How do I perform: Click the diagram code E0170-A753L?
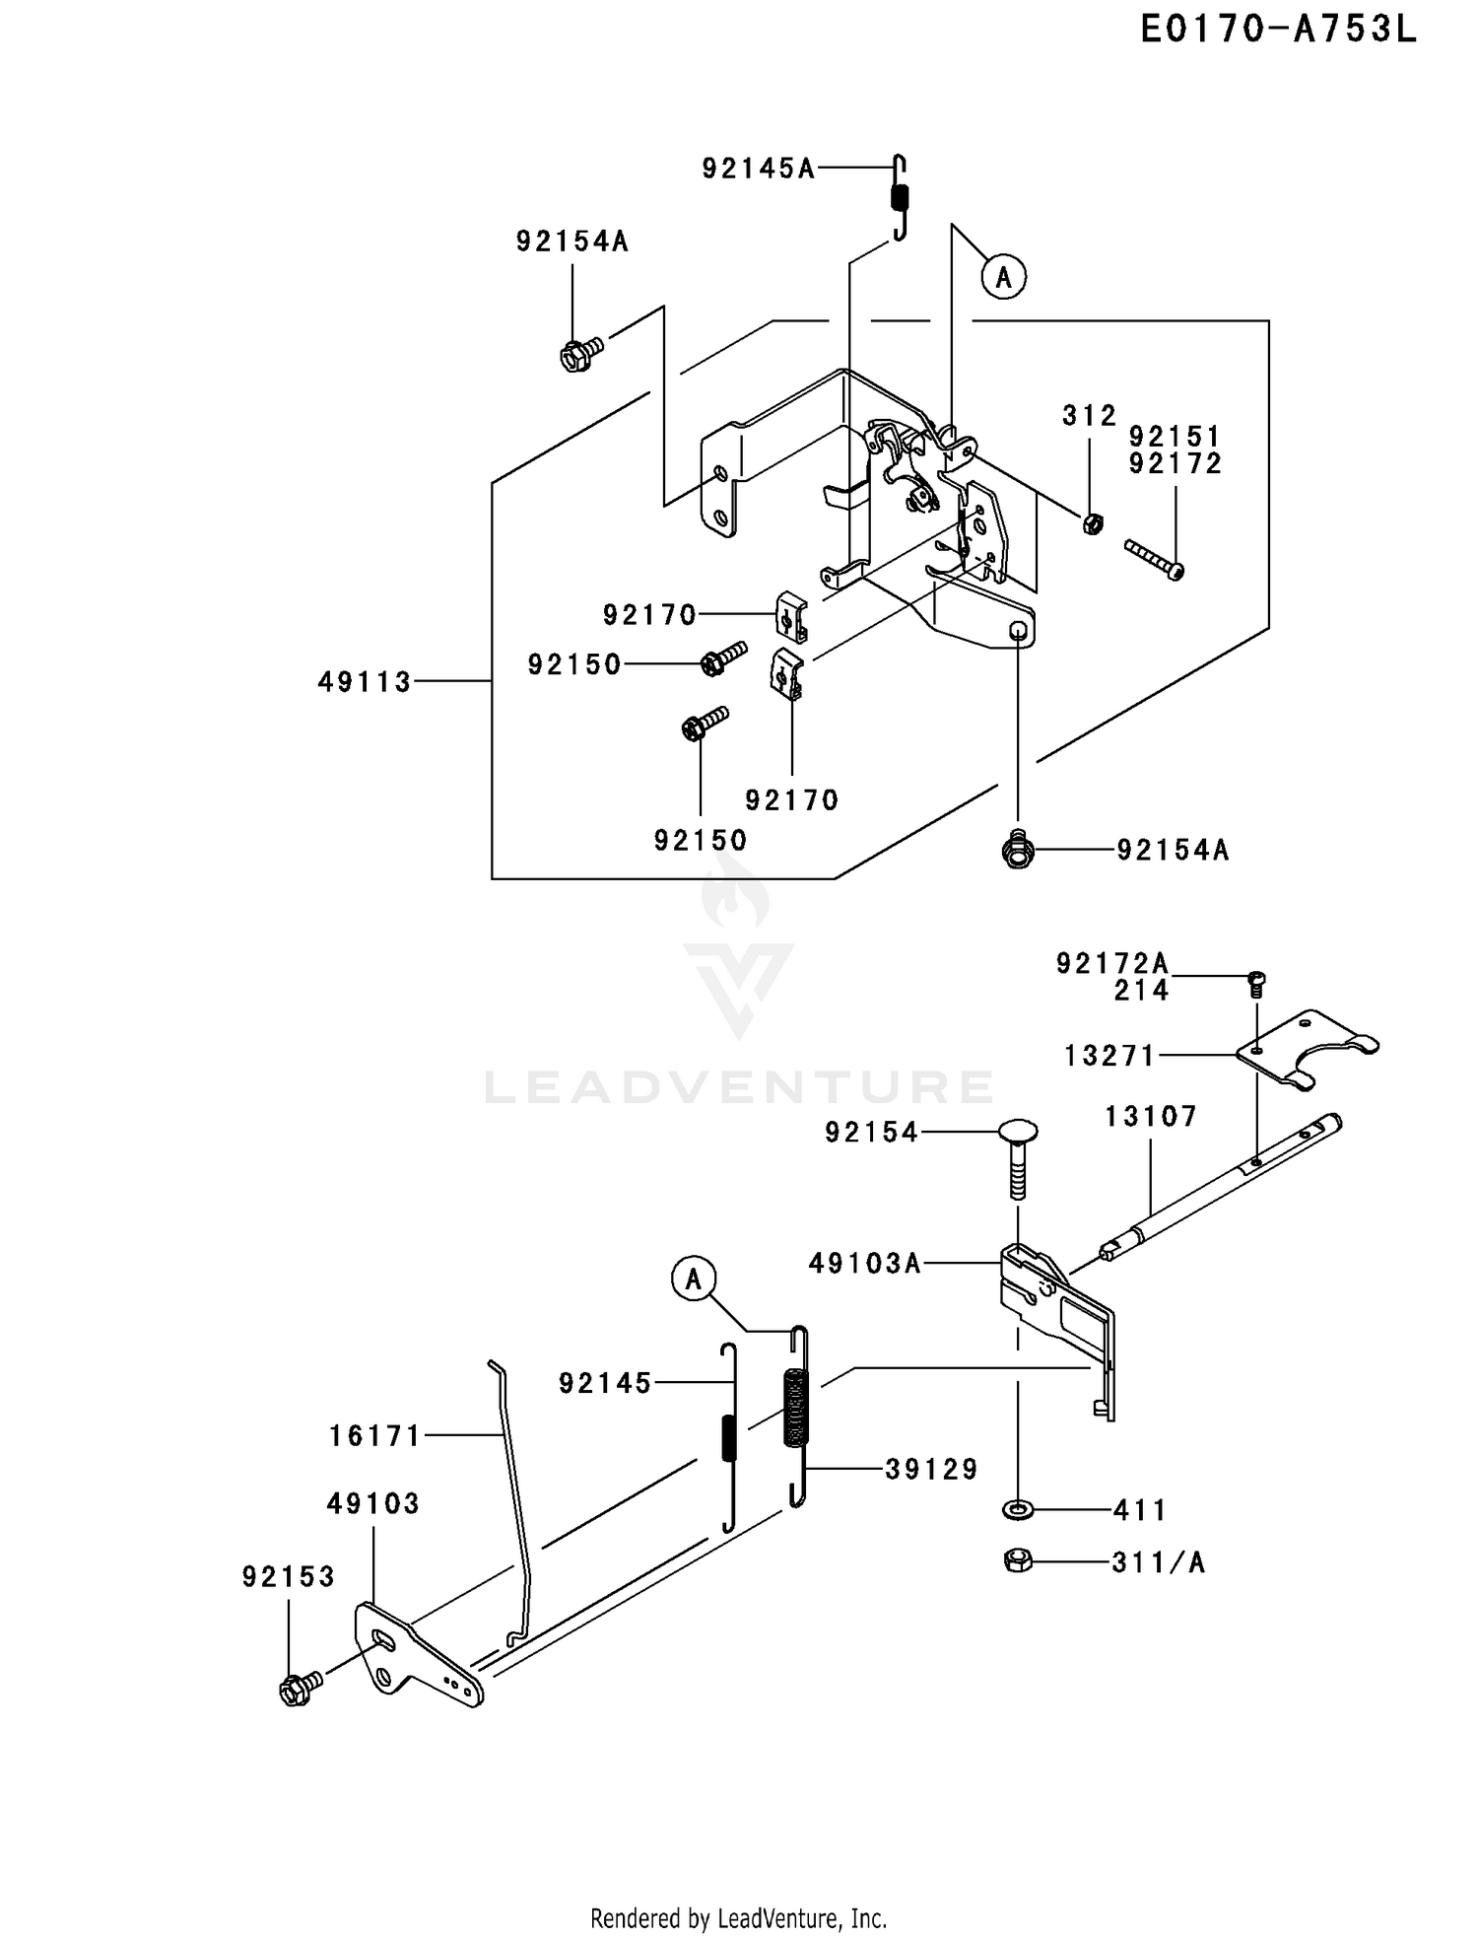coord(1278,30)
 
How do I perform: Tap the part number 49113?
coord(365,681)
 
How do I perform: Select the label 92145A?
coord(759,169)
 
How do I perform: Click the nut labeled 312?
coord(1092,523)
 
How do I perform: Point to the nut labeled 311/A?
coord(1019,1560)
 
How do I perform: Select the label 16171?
coord(374,1436)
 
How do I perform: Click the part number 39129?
coord(931,1470)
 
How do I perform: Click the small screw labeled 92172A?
coord(1256,983)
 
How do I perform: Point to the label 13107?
coord(1151,1117)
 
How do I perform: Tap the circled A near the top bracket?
coord(1003,278)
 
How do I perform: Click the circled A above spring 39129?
coord(694,1280)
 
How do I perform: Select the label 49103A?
coord(865,1263)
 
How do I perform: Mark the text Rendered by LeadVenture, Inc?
coord(739,1918)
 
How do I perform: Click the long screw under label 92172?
coord(1154,558)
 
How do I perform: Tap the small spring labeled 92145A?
coord(900,197)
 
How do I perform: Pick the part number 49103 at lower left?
coord(373,1503)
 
